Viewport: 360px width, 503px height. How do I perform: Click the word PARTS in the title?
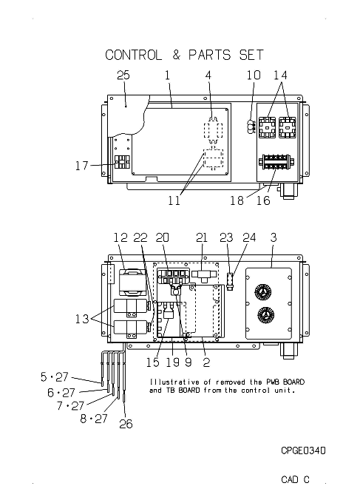(209, 55)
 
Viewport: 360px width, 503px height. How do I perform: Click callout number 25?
(123, 75)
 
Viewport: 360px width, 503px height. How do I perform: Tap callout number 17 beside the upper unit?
(81, 166)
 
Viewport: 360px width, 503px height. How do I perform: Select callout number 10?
(254, 75)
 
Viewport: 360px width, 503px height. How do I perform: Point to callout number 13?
(82, 319)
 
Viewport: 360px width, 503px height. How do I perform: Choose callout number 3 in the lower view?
(273, 237)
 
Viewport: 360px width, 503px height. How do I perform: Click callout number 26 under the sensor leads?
(126, 424)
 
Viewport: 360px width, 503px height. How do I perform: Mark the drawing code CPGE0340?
(303, 450)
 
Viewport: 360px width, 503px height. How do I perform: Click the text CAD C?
(295, 479)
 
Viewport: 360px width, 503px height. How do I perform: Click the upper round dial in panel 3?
(263, 292)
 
